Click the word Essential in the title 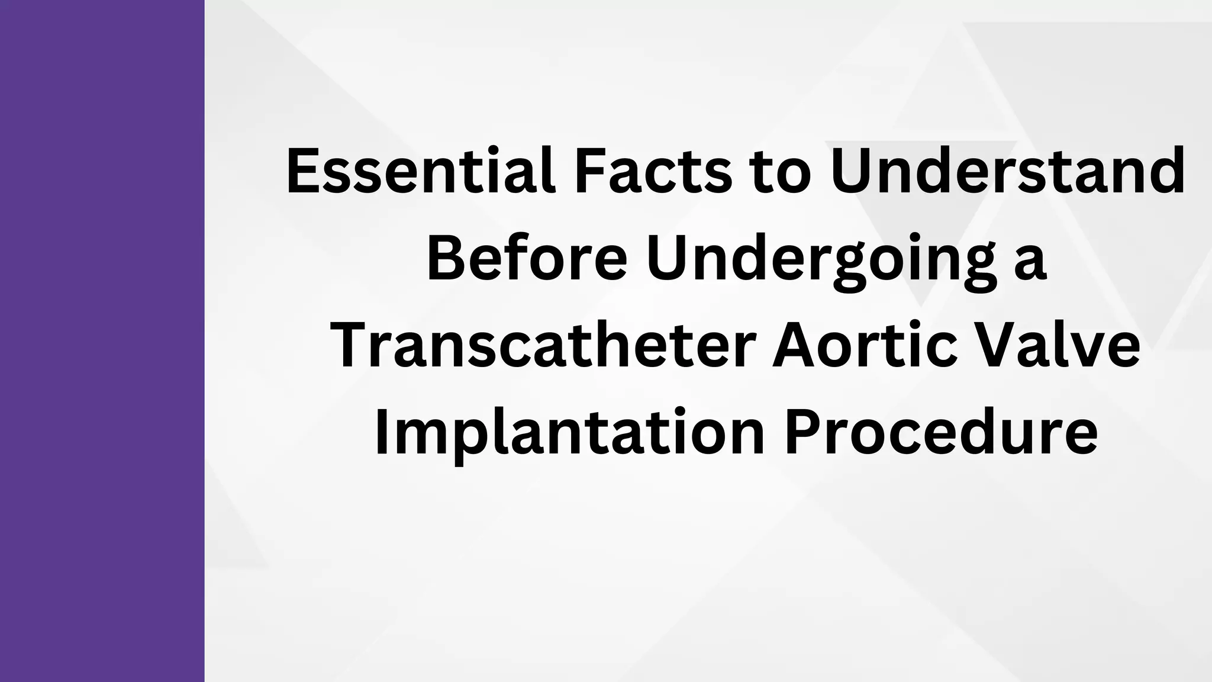click(x=420, y=172)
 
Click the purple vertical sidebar click(x=102, y=341)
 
